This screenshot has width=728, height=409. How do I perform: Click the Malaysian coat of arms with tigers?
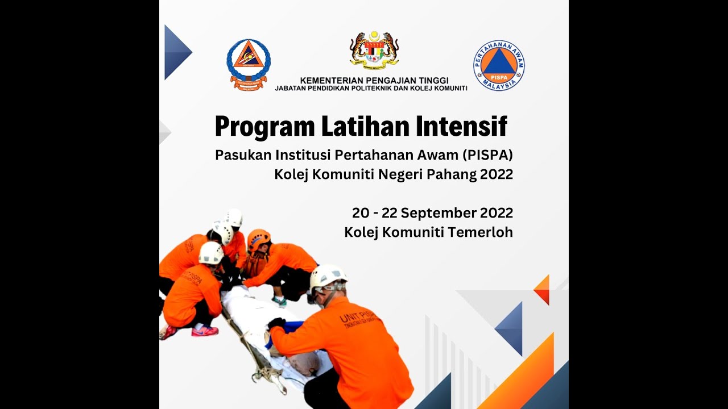(374, 49)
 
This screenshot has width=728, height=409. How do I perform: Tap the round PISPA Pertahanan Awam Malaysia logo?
(499, 65)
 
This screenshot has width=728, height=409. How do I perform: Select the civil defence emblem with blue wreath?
(249, 63)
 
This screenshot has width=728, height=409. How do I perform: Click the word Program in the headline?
(264, 127)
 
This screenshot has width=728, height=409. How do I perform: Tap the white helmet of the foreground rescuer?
(328, 276)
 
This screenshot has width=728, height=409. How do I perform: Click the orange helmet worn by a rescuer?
(259, 239)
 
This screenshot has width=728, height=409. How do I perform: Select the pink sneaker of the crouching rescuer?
(205, 331)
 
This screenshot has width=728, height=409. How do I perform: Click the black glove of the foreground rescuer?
(276, 323)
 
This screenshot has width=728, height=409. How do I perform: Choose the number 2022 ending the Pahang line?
(497, 174)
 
